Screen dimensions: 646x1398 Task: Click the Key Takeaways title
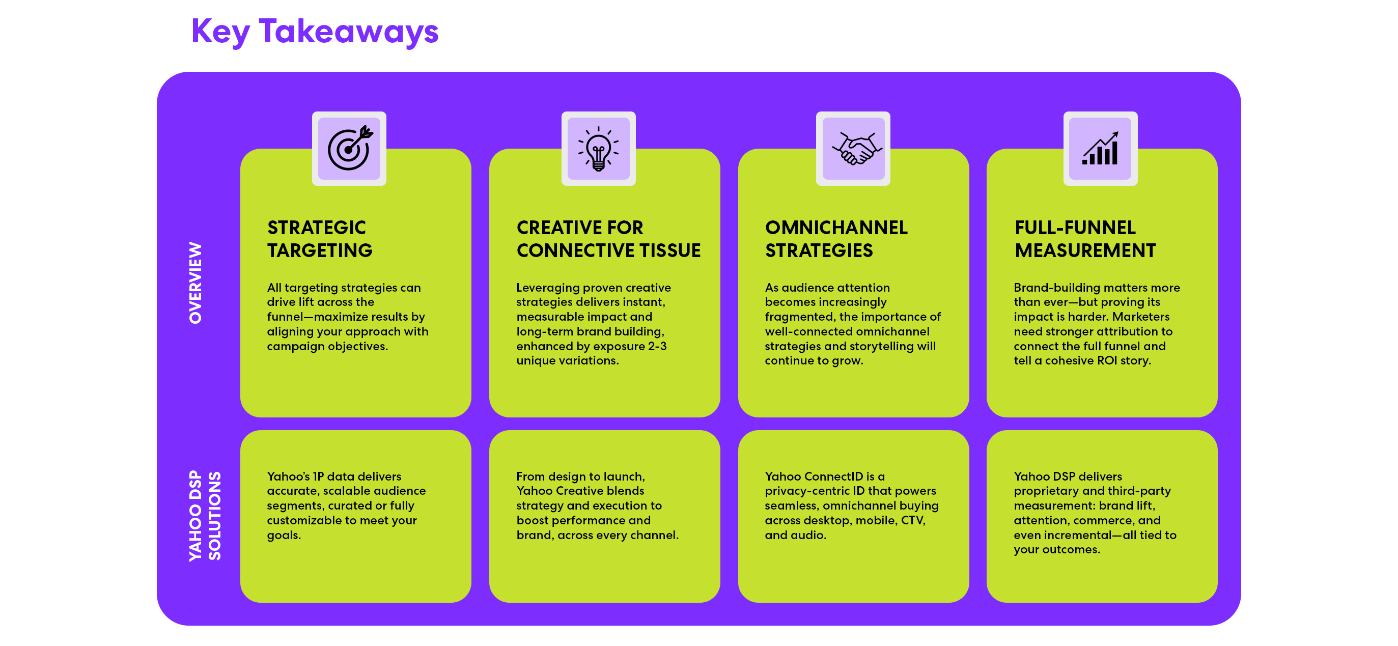point(315,32)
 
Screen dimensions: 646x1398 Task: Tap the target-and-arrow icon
point(349,148)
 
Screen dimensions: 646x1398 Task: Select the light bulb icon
point(598,148)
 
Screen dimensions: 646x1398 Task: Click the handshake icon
point(853,148)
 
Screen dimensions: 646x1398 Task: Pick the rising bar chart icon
point(1100,148)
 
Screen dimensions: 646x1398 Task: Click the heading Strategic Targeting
point(320,239)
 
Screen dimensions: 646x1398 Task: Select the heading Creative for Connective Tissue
point(608,239)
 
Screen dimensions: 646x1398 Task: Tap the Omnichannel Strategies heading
point(836,239)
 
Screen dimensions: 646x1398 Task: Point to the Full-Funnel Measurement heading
point(1085,239)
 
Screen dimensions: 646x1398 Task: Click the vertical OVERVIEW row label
point(195,283)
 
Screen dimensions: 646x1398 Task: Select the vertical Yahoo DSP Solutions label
point(205,516)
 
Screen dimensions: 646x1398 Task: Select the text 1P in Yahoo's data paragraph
point(318,476)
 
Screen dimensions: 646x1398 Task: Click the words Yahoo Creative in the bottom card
point(580,491)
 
